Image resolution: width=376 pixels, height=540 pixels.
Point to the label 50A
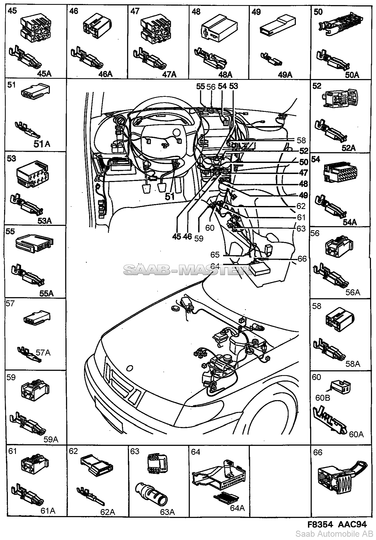tap(352, 75)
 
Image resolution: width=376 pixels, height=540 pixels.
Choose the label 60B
tap(323, 397)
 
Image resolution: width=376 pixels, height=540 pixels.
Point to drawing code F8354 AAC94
tap(337, 524)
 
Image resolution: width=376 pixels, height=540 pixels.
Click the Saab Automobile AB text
tap(334, 534)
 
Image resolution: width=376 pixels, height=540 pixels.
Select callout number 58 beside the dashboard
tap(301, 140)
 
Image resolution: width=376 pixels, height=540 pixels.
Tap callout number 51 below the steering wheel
tap(170, 197)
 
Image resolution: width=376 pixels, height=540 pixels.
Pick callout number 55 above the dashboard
tap(200, 86)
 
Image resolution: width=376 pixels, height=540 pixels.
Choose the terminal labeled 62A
tap(108, 512)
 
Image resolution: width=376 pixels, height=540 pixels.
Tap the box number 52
tap(317, 86)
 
